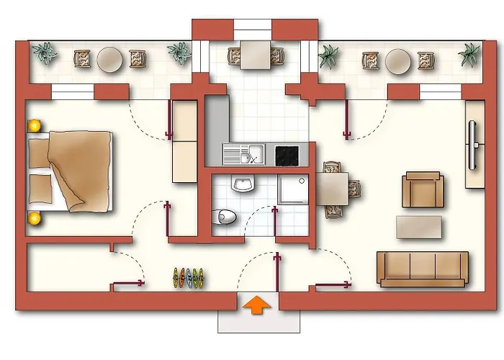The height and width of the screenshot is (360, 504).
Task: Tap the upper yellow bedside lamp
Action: coord(33,126)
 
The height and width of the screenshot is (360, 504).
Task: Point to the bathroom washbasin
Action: coord(242,185)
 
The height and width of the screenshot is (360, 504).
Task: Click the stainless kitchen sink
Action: coord(243,154)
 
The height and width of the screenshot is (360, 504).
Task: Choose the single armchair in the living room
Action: coord(422,189)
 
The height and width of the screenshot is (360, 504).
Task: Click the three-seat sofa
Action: coord(423,269)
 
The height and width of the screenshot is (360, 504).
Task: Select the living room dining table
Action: coord(333,189)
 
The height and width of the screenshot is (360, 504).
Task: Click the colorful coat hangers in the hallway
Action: coord(188,277)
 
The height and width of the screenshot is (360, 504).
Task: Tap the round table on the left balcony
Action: coord(109,59)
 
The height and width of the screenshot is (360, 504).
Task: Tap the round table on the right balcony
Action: coord(397,61)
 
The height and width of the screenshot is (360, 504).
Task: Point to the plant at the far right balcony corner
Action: coord(469,53)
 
